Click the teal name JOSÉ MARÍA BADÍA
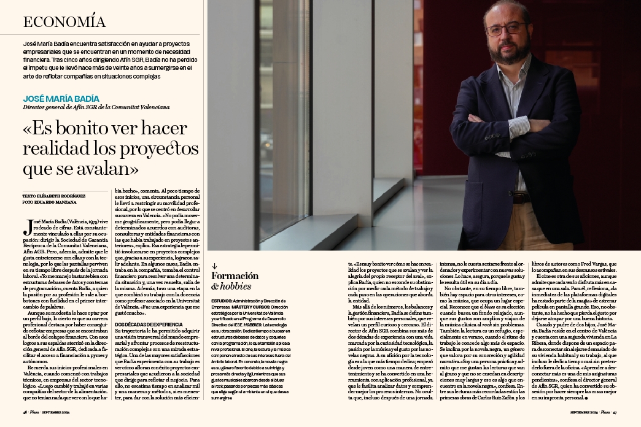coord(61,98)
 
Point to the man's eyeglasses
coord(507,29)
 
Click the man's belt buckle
coord(521,198)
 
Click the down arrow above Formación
coord(214,266)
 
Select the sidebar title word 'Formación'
coord(235,276)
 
